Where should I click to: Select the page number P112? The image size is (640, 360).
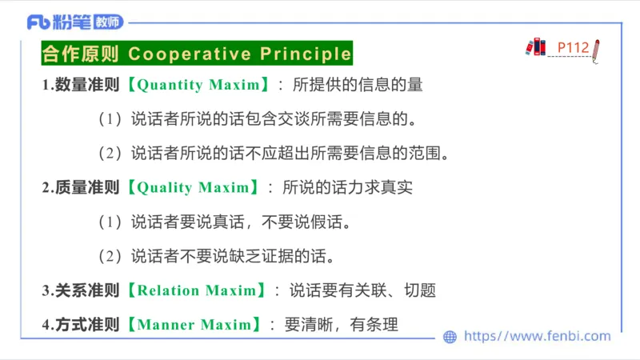[x=573, y=48]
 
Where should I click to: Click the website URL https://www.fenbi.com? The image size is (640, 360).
[x=537, y=337]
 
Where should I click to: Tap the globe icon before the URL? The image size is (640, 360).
[x=450, y=337]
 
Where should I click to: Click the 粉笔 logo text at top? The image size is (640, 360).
[x=65, y=22]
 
